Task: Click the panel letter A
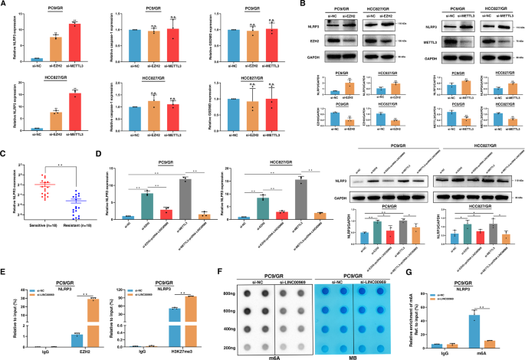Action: tap(4, 5)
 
